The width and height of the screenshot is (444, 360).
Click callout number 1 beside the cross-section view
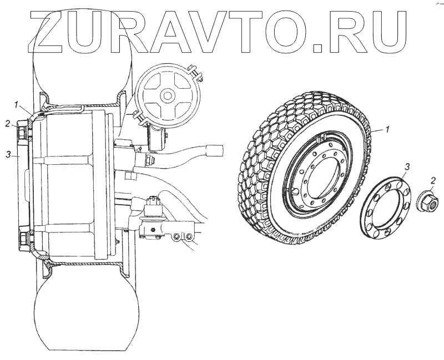[x=17, y=104]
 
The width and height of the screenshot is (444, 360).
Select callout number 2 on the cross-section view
[x=8, y=123]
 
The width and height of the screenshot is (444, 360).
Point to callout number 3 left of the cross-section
[x=8, y=155]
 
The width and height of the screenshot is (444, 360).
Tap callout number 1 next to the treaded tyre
[x=387, y=129]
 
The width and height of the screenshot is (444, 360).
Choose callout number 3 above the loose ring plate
[x=407, y=166]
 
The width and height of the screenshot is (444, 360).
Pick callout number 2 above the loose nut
[x=433, y=180]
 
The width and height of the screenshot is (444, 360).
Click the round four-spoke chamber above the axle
[x=165, y=95]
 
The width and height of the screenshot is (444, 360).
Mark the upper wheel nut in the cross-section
[x=23, y=133]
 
